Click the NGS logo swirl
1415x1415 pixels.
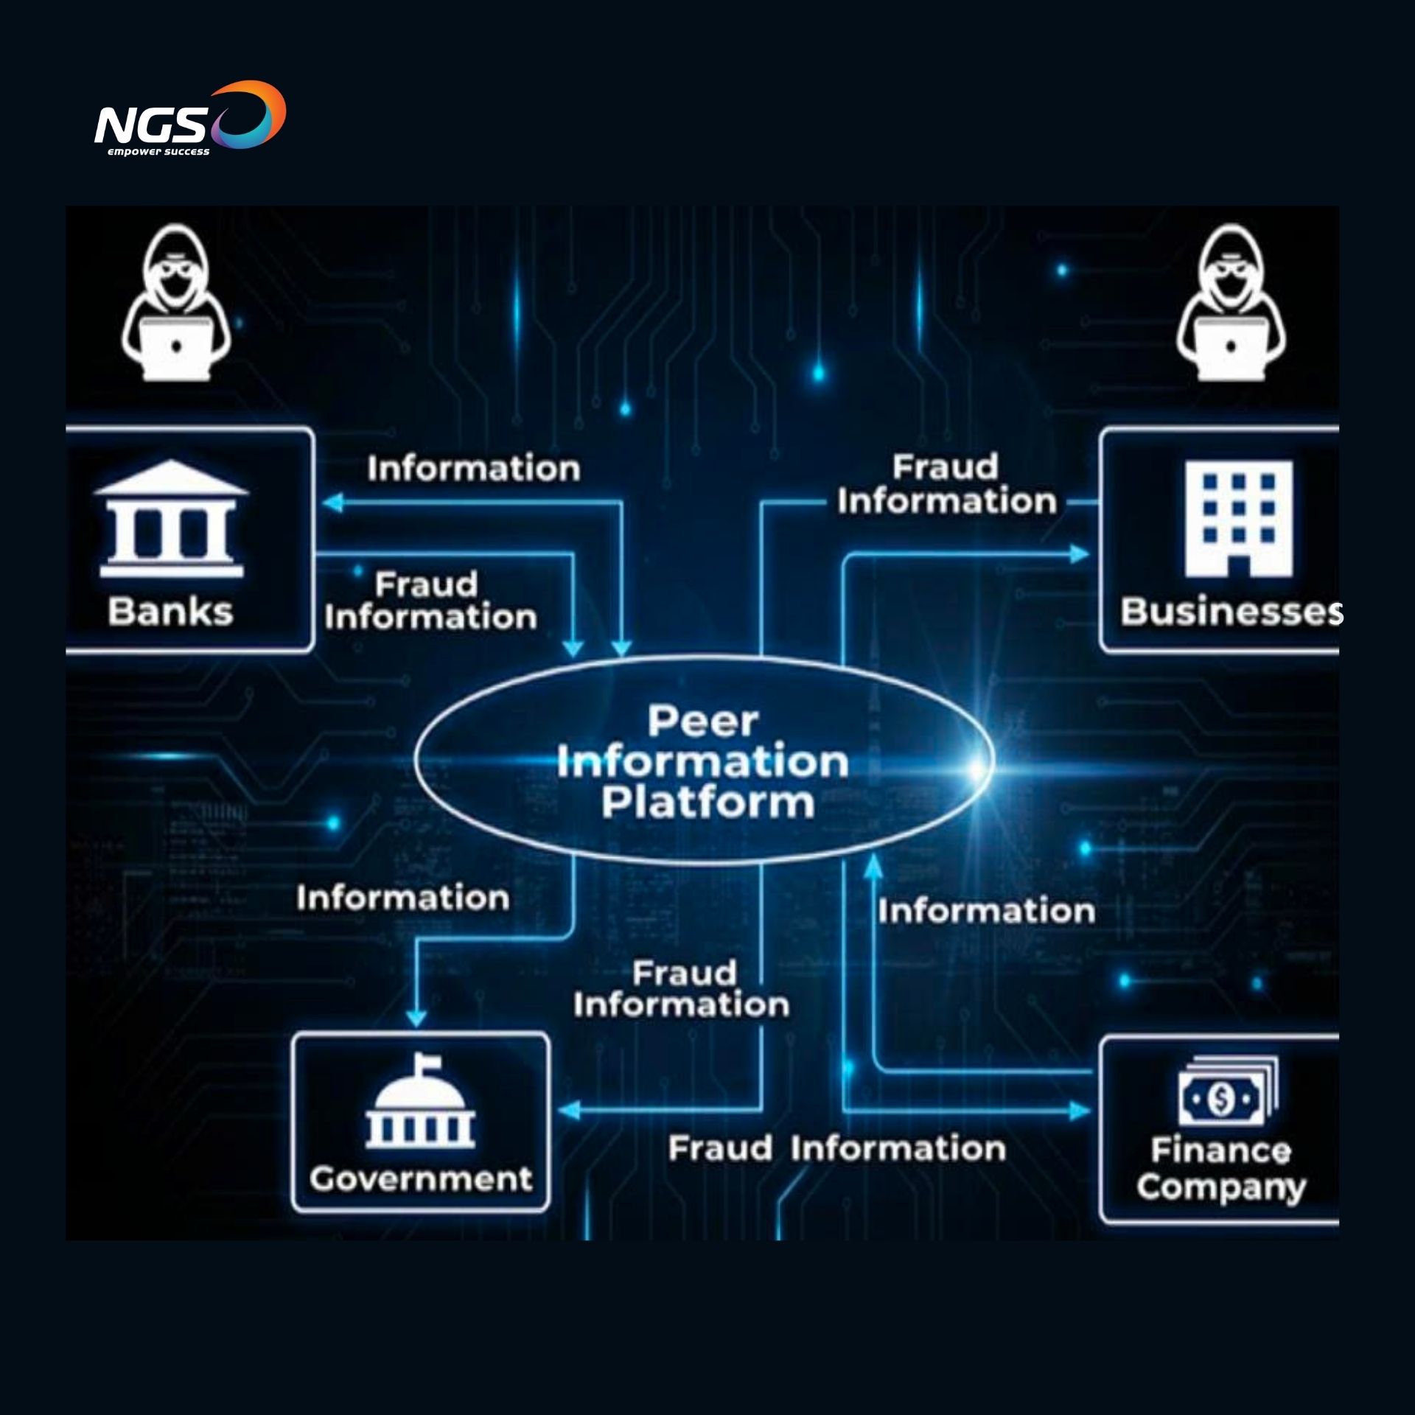point(251,114)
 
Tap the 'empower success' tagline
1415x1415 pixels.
point(158,152)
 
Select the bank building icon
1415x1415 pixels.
point(172,520)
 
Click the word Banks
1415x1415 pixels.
point(170,612)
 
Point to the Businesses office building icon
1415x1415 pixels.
point(1238,518)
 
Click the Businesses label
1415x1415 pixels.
point(1231,612)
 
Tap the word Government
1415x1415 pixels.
point(421,1179)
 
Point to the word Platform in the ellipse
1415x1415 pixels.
point(707,803)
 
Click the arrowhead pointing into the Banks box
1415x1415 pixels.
point(333,503)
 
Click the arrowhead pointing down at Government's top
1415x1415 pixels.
point(416,1018)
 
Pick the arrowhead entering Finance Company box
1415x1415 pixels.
point(1080,1111)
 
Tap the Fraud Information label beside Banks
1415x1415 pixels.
point(430,601)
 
